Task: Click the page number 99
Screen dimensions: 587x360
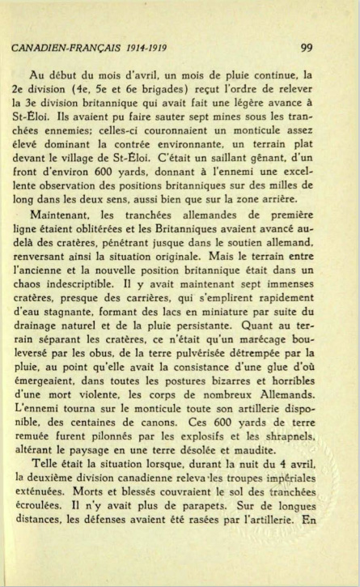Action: pyautogui.click(x=306, y=47)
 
